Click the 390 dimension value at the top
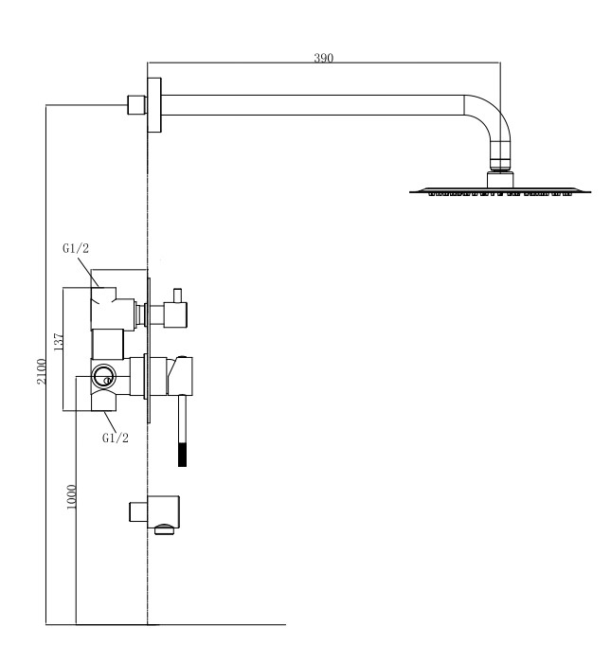[324, 58]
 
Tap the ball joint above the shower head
[501, 166]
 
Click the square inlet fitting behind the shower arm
[135, 104]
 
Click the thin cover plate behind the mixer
[149, 350]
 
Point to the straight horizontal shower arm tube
[313, 104]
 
